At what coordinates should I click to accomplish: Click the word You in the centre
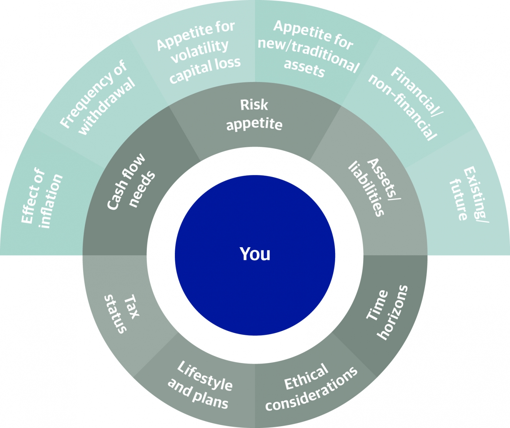coord(255,254)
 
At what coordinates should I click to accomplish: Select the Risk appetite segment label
coord(254,114)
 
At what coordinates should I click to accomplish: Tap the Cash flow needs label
coord(131,181)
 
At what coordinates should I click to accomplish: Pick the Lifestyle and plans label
coord(200,385)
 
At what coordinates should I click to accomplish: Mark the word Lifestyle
coord(205,376)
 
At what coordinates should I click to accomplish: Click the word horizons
coord(393,313)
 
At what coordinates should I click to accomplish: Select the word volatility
coord(200,51)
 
